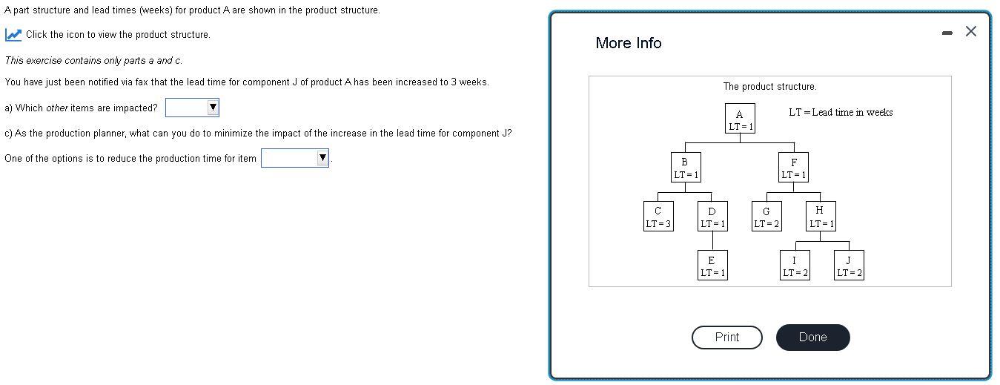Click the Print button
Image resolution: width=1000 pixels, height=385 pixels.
[x=726, y=338]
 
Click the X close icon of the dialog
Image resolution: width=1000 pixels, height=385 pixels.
[x=971, y=31]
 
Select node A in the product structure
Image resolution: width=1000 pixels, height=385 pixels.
[x=740, y=119]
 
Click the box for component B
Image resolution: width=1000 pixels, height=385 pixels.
[x=685, y=168]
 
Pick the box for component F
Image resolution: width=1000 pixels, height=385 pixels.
[x=793, y=168]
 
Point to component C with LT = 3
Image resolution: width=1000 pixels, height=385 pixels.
[x=658, y=217]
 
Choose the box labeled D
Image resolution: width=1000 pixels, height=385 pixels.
[x=712, y=217]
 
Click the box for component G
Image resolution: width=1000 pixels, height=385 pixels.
[x=766, y=217]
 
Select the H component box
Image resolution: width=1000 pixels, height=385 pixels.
[x=821, y=217]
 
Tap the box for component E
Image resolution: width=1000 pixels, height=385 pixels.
[x=712, y=266]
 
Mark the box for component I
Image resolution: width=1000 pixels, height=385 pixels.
[x=795, y=266]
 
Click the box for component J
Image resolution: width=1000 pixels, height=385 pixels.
[x=849, y=266]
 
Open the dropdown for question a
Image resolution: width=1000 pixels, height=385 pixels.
[x=193, y=108]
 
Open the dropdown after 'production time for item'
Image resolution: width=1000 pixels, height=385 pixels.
[x=294, y=158]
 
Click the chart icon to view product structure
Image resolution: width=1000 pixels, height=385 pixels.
[x=13, y=35]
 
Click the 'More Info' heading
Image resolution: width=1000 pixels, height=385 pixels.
[x=628, y=43]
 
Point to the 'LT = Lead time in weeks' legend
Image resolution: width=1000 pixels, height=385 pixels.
[x=840, y=113]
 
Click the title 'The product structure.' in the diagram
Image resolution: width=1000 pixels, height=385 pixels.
[x=769, y=87]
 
